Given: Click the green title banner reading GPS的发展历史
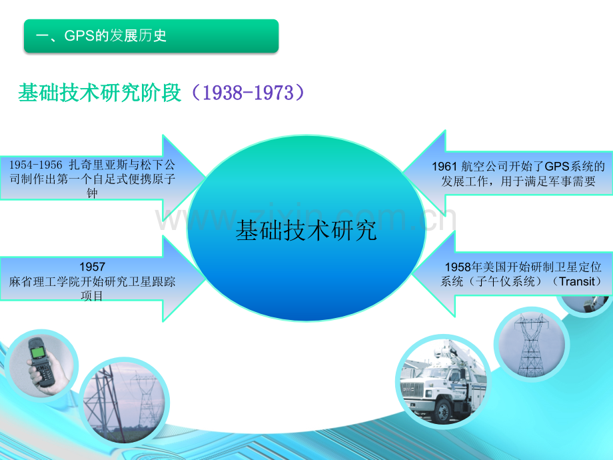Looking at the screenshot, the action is click(151, 35).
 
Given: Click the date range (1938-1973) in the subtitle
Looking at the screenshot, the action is click(248, 93).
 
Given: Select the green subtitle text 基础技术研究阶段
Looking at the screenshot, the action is click(100, 93).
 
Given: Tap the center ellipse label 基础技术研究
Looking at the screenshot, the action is click(306, 230).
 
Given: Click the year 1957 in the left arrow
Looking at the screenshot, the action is click(92, 267).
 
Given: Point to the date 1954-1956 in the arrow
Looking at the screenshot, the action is click(35, 165).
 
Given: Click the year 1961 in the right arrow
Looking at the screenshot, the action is click(444, 167).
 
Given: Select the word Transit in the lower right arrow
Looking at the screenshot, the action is click(578, 281).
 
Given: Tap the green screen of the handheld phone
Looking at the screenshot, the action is click(39, 352).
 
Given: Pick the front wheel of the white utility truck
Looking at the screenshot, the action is click(443, 411).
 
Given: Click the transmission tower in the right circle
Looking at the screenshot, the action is click(530, 345).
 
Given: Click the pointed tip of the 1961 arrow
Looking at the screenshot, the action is click(402, 172).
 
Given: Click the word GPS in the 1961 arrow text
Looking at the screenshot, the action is click(557, 167).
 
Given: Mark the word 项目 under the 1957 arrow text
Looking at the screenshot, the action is click(92, 296).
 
